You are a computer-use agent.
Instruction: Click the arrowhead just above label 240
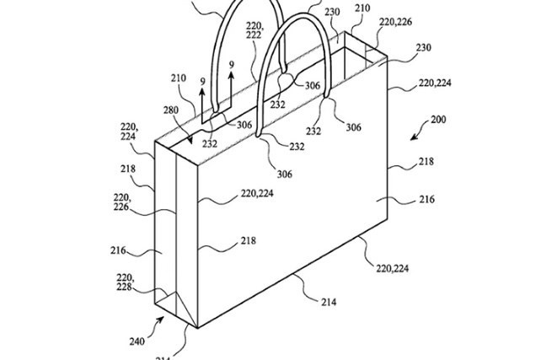click(x=160, y=321)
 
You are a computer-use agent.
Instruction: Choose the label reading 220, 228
click(x=124, y=282)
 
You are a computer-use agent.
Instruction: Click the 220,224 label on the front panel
click(x=256, y=193)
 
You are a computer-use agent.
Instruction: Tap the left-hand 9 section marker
click(x=201, y=82)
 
